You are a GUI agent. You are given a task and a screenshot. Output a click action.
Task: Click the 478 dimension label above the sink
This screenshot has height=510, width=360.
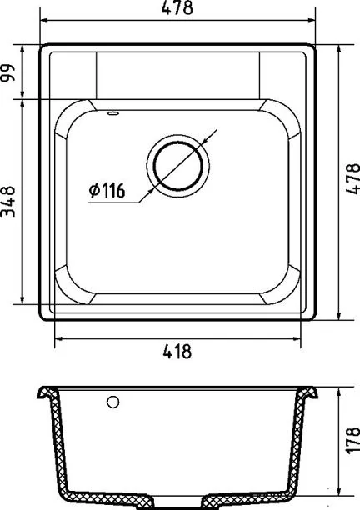(177, 7)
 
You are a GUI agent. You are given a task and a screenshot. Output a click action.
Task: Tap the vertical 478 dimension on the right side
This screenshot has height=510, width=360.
(352, 178)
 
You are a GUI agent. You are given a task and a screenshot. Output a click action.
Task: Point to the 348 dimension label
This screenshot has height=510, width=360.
(8, 202)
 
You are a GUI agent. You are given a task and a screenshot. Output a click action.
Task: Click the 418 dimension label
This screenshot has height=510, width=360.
(177, 352)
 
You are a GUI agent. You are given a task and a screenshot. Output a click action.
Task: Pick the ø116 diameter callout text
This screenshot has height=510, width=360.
(107, 190)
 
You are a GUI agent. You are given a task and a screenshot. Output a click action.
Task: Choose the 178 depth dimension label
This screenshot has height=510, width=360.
(352, 441)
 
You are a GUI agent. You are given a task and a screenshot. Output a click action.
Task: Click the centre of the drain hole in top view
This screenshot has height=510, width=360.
(177, 166)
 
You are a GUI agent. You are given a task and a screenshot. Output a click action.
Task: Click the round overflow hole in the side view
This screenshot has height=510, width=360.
(112, 402)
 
